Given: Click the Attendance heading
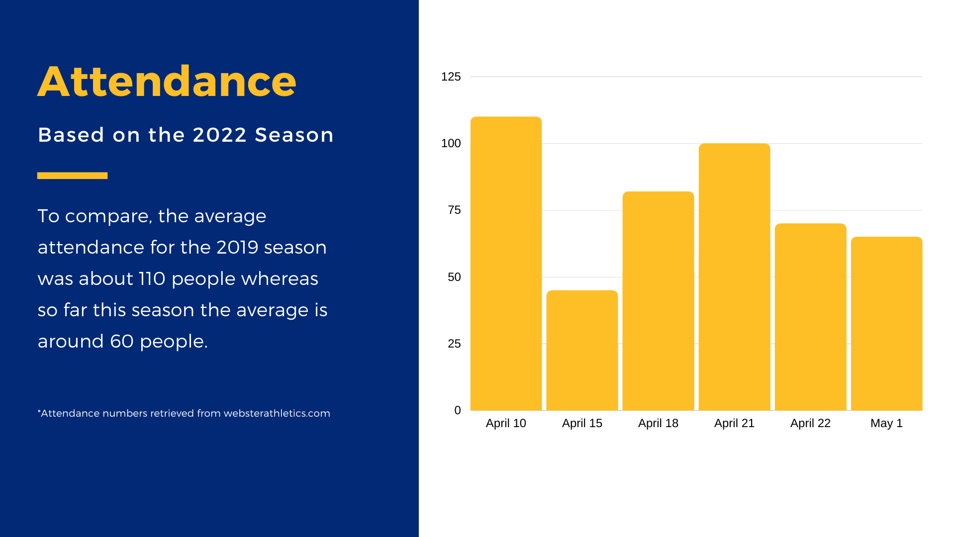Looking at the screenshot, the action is [167, 82].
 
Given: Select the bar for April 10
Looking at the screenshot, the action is [506, 264].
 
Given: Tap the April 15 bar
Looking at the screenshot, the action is [582, 351].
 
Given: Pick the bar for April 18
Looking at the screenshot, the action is [658, 301].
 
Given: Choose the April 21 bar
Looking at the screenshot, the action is [734, 277].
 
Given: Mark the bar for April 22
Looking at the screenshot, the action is [810, 317].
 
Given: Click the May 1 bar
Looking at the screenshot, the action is [886, 324].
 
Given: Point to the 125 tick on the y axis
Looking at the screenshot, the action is [451, 77].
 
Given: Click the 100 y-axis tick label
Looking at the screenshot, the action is [451, 143].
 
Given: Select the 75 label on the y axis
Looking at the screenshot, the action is [454, 210].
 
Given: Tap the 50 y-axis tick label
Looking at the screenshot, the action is [454, 277].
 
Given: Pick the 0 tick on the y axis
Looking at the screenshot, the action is [458, 410].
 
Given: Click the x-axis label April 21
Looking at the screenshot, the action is [734, 423].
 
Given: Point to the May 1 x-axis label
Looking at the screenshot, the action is [886, 423].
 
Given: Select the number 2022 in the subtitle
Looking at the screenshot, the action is [219, 135].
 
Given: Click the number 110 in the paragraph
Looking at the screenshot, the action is [152, 279].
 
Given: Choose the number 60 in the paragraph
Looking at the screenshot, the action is [122, 342].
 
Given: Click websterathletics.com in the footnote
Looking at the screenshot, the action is [277, 413].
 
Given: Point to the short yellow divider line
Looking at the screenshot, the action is [72, 176].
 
